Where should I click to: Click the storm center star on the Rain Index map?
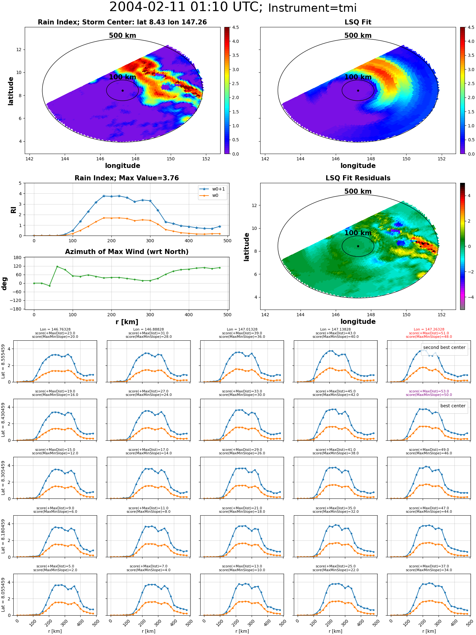click(122, 90)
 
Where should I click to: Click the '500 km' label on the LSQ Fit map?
click(358, 36)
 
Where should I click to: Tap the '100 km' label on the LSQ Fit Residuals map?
click(358, 233)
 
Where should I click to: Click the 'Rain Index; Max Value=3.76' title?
click(127, 178)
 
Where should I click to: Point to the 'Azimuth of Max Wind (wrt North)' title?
click(127, 252)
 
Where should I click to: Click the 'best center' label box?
click(453, 406)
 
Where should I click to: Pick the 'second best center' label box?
click(444, 347)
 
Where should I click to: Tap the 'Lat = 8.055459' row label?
click(3, 595)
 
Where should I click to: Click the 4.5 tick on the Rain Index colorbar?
click(235, 28)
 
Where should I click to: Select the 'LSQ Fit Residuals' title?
click(358, 178)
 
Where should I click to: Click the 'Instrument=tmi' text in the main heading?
click(312, 8)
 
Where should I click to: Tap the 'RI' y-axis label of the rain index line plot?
click(13, 210)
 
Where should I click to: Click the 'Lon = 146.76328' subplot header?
click(55, 330)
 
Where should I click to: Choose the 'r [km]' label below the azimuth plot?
click(127, 322)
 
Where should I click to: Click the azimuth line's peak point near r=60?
click(57, 266)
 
